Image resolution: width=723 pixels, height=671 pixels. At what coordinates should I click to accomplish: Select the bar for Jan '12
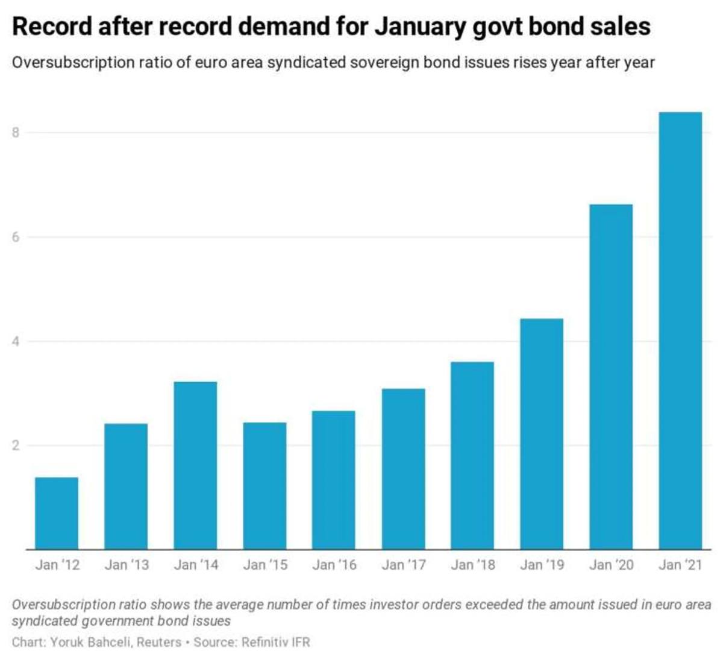[57, 513]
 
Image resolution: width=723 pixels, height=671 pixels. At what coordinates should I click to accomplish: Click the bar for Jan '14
[195, 465]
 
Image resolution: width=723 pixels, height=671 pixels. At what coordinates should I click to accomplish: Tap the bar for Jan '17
[403, 469]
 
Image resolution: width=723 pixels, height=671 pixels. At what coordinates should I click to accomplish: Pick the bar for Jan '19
[542, 434]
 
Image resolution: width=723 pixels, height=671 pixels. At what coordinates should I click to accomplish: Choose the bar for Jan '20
[612, 377]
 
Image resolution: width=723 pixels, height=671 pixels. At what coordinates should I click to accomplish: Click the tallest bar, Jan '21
[680, 330]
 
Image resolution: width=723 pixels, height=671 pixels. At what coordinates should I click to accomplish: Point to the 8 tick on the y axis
[15, 132]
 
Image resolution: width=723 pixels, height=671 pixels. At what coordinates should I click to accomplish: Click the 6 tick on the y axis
[15, 237]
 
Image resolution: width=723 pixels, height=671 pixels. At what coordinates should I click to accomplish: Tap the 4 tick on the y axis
[15, 341]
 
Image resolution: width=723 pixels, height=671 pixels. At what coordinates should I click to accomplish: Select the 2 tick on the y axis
[15, 445]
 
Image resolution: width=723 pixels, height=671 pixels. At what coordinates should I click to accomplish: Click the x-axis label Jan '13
[127, 565]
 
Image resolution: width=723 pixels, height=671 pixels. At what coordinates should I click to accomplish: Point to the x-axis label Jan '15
[265, 565]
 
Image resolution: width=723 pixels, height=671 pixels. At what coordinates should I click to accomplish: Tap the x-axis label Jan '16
[334, 565]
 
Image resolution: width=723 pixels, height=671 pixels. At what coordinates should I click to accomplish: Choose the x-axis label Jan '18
[473, 565]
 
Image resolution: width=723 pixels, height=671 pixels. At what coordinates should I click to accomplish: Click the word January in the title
[420, 28]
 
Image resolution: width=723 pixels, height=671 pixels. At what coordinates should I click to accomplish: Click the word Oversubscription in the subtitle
[74, 63]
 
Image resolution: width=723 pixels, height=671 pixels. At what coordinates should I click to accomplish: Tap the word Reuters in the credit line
[158, 642]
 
